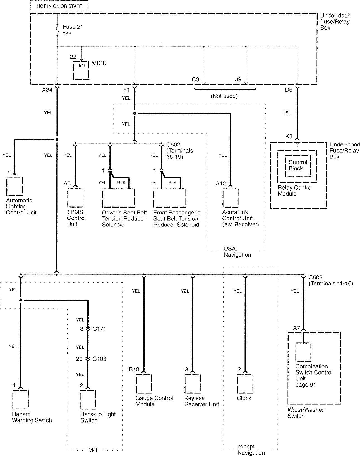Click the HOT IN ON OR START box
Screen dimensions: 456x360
tap(59, 6)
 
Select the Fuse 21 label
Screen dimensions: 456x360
tap(73, 27)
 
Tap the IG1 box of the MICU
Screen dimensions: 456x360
tap(81, 70)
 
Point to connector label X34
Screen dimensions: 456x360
tap(47, 90)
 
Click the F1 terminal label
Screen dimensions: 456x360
tap(127, 90)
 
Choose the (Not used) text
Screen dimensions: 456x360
tap(224, 96)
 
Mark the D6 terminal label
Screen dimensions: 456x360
tap(289, 90)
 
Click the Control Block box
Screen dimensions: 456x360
tap(297, 166)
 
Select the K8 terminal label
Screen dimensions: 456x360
tap(289, 136)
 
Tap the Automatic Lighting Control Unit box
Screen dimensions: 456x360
tap(15, 186)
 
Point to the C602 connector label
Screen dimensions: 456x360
tap(173, 144)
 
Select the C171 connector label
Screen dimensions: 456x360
tap(99, 329)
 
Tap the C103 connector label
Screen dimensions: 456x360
tap(99, 359)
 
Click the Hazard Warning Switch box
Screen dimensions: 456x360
tap(21, 399)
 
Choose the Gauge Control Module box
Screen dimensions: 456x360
tap(144, 383)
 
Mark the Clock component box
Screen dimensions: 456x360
tap(245, 383)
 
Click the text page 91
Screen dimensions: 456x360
tap(306, 385)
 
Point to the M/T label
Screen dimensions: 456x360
tap(93, 450)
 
